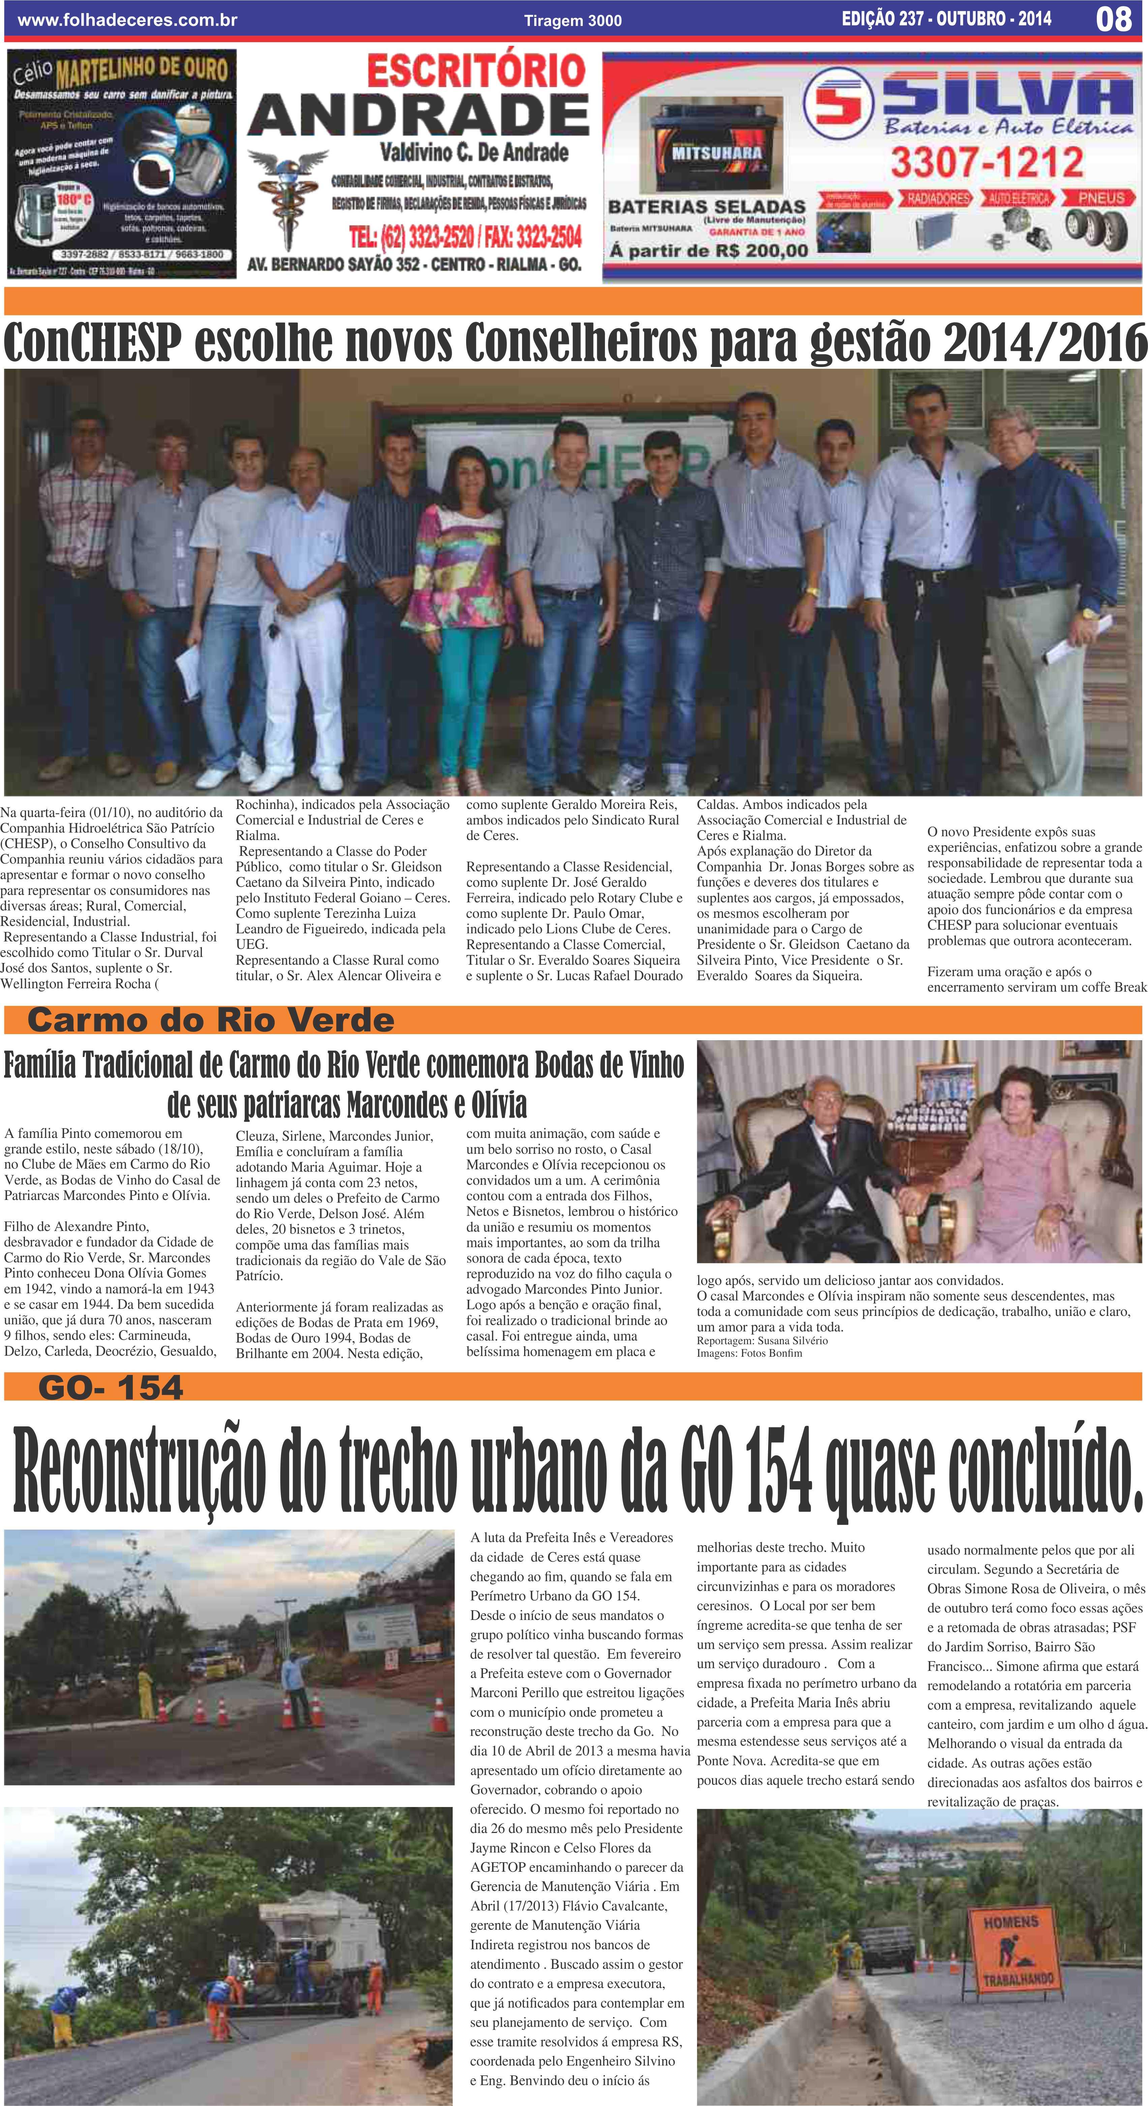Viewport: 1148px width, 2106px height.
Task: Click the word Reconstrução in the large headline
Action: coord(139,1468)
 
